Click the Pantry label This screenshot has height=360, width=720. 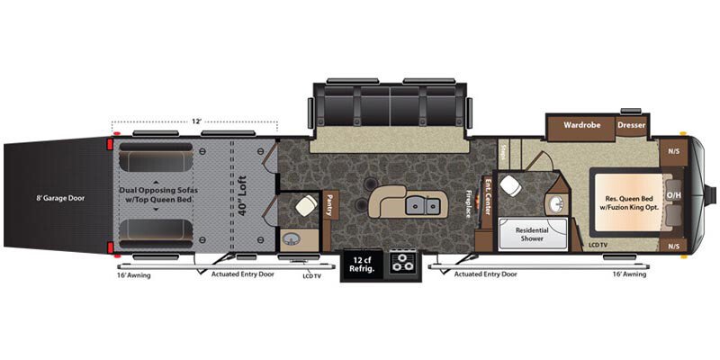click(329, 208)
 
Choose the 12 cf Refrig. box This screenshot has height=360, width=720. click(359, 264)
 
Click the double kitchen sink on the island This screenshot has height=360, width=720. click(416, 206)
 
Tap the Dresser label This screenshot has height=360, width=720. click(632, 125)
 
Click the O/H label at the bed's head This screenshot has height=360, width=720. click(672, 195)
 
